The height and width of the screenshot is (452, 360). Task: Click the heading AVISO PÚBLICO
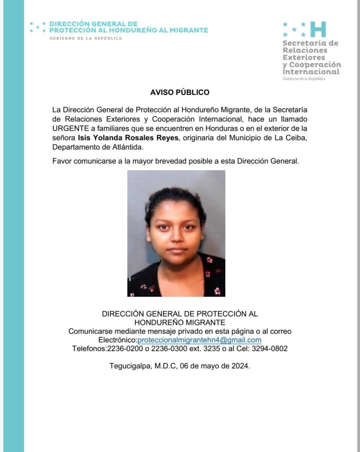[179, 93]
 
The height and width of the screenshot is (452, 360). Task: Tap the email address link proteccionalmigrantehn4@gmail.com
[200, 340]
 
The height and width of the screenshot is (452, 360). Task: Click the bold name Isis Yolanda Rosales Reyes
[128, 138]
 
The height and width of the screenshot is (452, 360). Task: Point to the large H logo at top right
[318, 29]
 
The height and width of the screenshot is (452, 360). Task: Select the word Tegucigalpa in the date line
[130, 366]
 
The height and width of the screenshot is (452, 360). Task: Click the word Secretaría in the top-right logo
[310, 43]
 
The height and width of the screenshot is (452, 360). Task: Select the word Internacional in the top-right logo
[311, 72]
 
